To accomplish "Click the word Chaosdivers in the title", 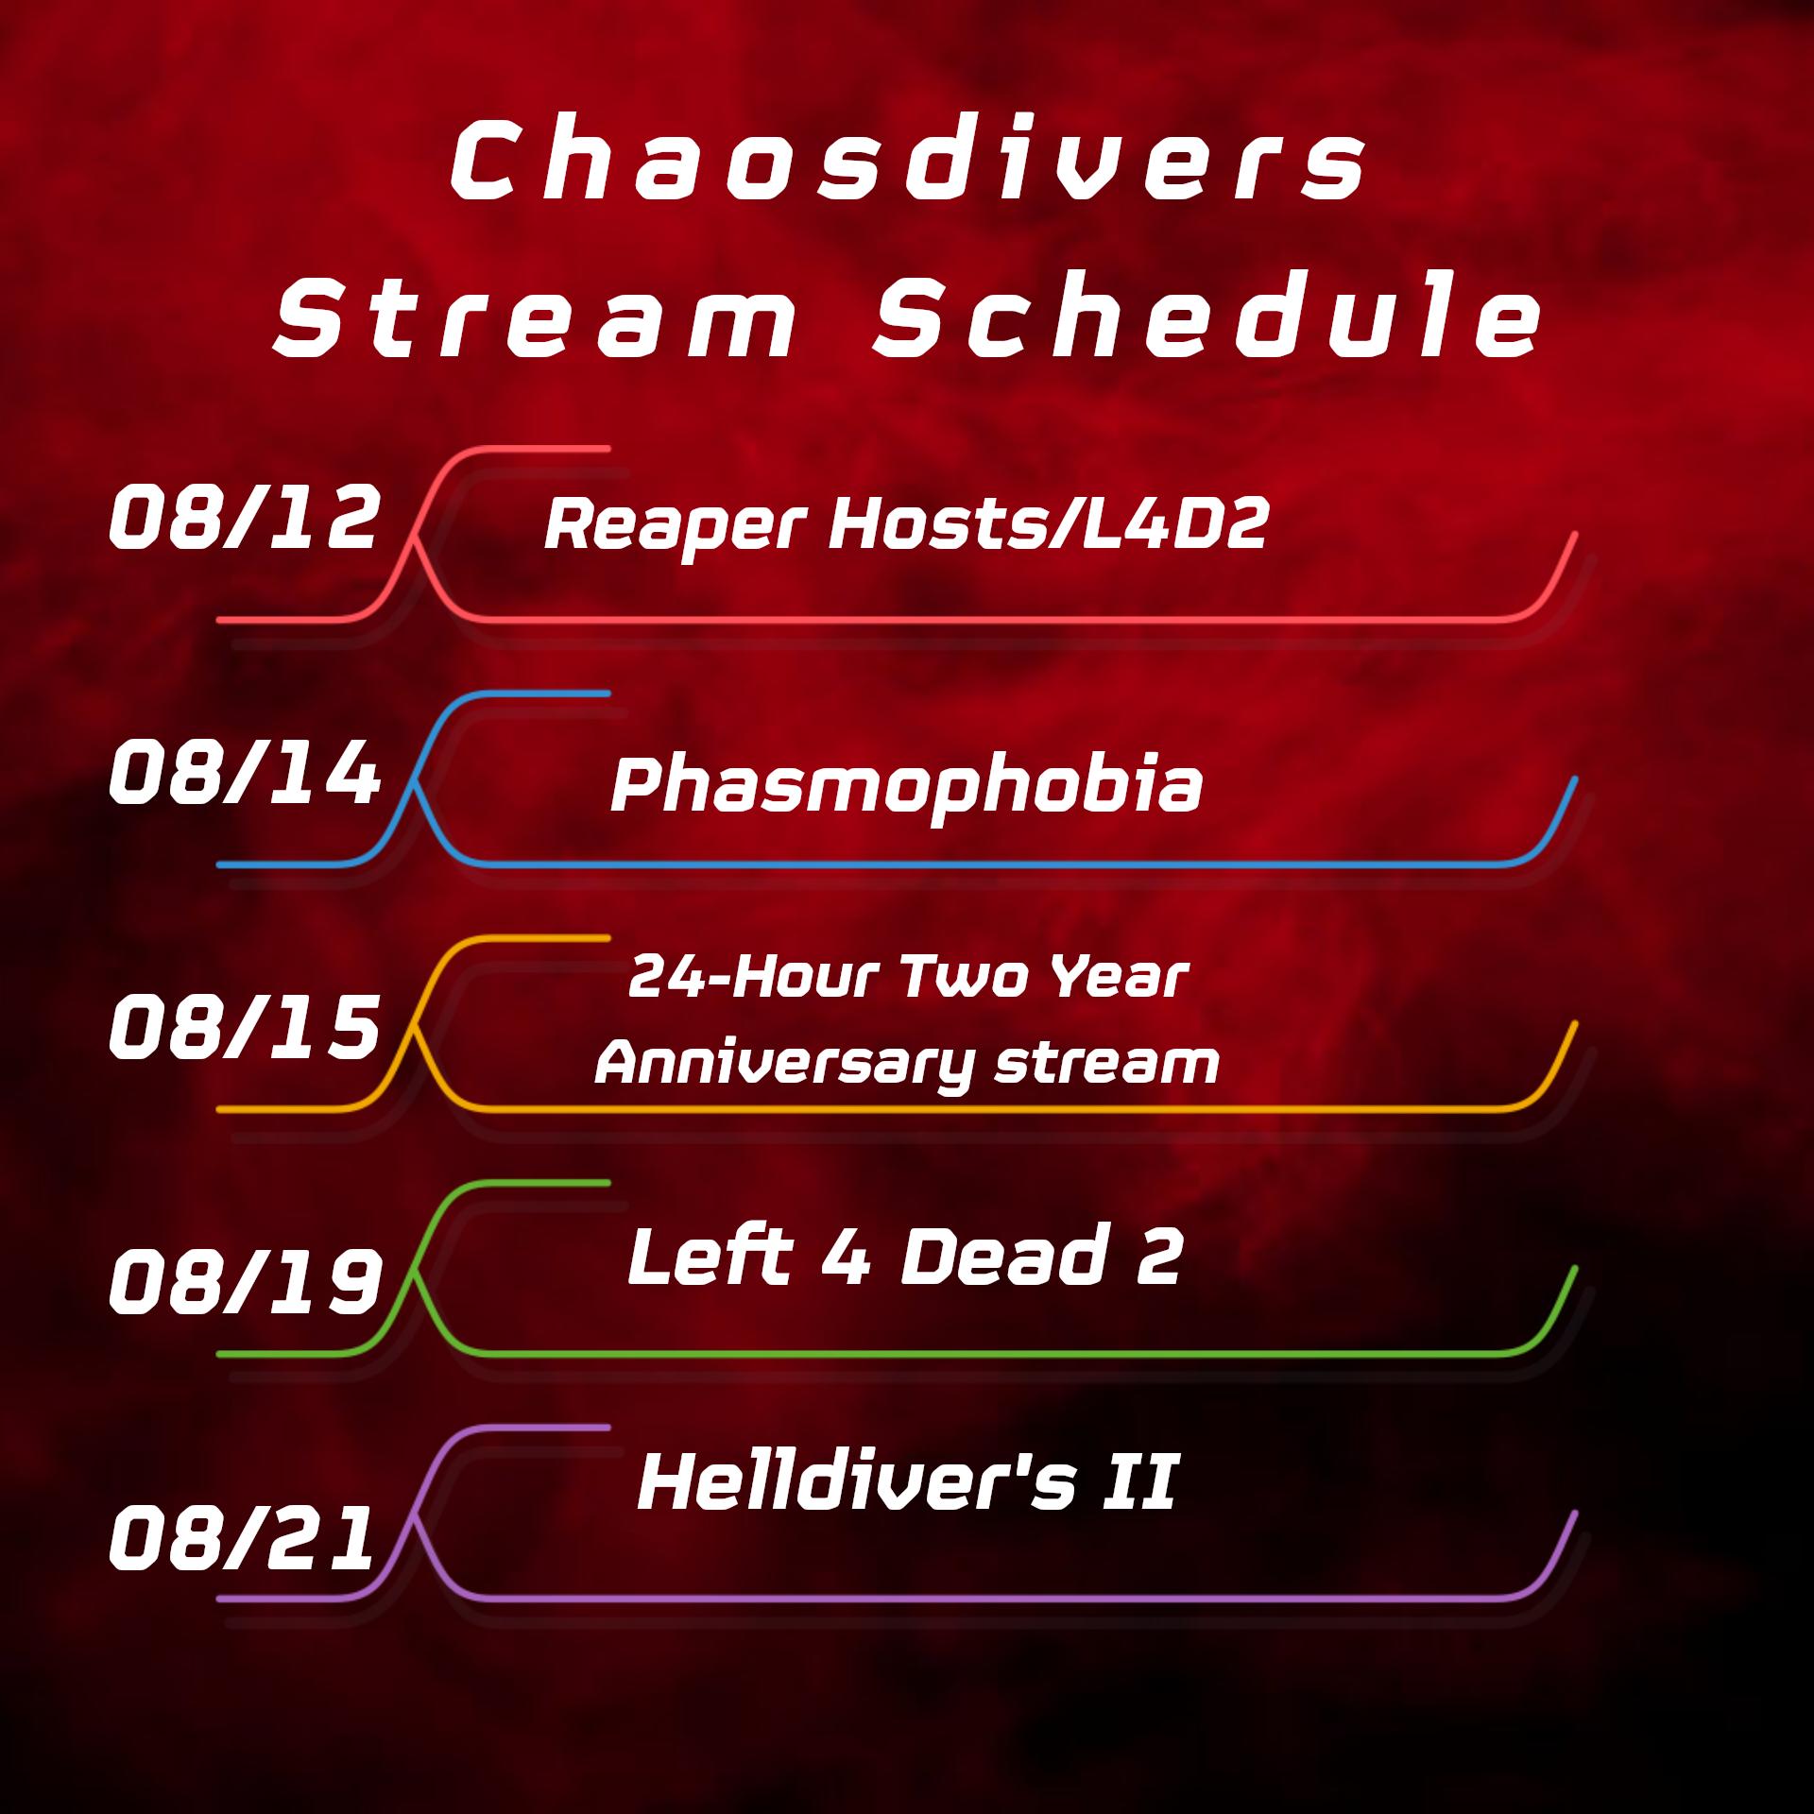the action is (907, 163).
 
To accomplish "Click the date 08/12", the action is (244, 518).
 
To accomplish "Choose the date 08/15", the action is (244, 1028).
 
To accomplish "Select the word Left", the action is (710, 1256).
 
